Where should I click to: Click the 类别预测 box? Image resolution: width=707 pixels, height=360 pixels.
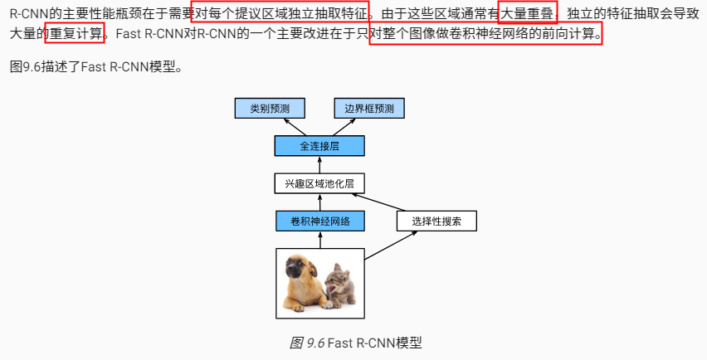point(270,108)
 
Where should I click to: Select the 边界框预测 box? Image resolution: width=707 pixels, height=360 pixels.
point(369,108)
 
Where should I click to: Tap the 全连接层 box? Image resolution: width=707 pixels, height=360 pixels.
point(319,146)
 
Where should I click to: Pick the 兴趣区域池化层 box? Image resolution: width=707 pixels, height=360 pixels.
point(319,183)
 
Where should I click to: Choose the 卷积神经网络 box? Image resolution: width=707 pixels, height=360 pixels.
point(319,221)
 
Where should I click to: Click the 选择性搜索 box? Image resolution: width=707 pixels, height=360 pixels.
point(436,221)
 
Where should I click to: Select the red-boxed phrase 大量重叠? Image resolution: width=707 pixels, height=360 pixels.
point(527,13)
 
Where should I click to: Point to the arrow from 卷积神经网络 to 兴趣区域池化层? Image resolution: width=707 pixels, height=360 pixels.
point(319,202)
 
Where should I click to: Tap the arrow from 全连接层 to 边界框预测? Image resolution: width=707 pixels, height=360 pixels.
point(344,128)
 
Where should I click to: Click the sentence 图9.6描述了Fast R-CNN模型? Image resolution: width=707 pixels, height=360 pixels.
point(95,66)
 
